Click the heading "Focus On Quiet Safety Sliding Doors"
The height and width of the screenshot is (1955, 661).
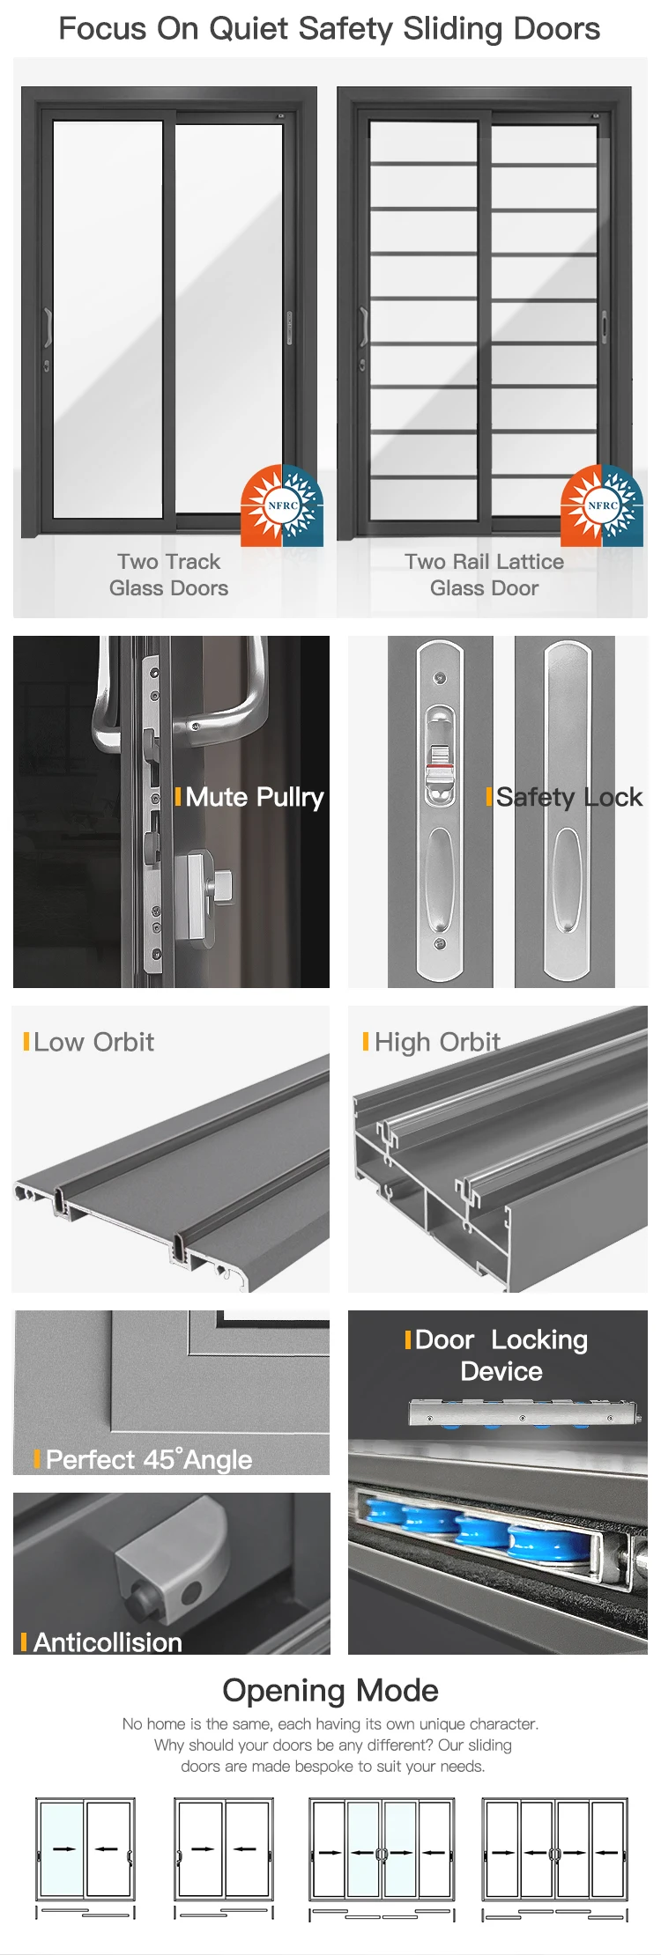click(x=330, y=29)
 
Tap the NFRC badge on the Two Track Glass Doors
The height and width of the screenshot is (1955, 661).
click(x=282, y=505)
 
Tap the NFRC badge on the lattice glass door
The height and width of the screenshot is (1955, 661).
click(x=602, y=505)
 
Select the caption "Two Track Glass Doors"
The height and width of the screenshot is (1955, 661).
click(x=168, y=574)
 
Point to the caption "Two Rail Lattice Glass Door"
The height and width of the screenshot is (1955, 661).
click(x=484, y=574)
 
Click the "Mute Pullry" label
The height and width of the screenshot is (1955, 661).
click(x=255, y=797)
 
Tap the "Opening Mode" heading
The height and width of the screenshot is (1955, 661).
click(x=330, y=1690)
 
